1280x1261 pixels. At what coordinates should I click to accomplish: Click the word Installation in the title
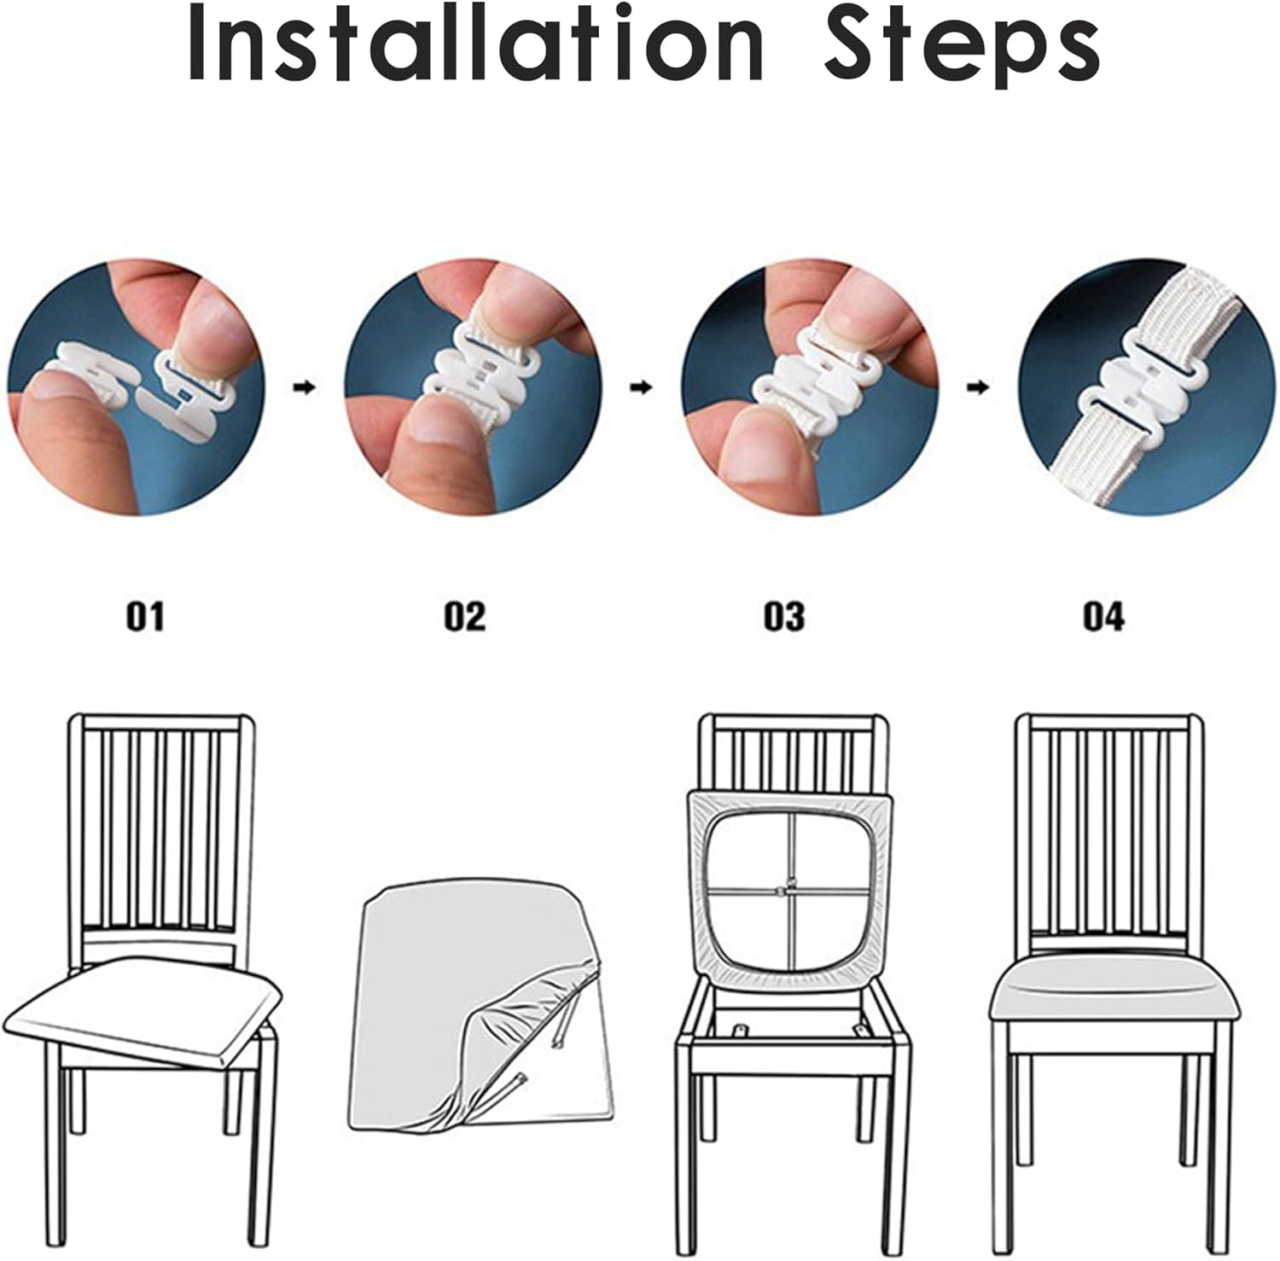(474, 43)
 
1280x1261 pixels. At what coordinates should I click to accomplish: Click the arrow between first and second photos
(305, 387)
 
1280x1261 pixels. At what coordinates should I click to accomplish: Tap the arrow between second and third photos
(640, 387)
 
